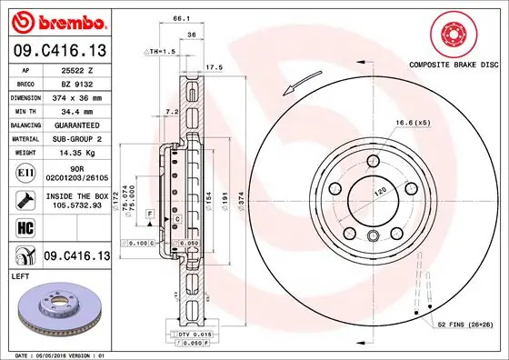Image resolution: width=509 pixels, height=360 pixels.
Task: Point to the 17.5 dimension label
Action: [x=215, y=67]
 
